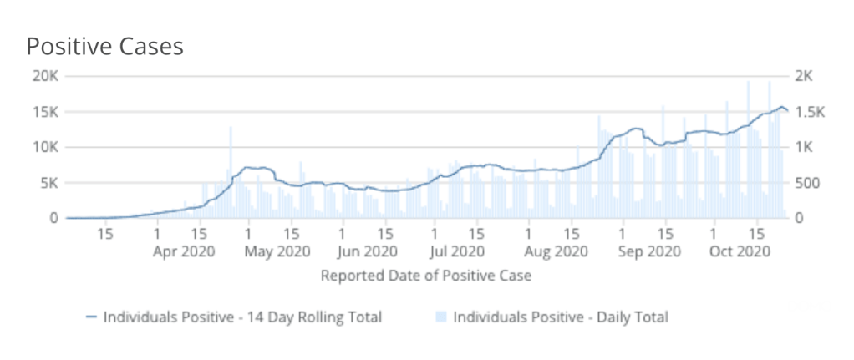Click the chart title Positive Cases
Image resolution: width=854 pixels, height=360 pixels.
click(x=104, y=46)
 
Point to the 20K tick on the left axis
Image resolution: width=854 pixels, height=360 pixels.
click(x=44, y=76)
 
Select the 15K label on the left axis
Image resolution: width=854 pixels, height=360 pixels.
click(x=44, y=112)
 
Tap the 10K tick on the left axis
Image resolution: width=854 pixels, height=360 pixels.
click(x=44, y=147)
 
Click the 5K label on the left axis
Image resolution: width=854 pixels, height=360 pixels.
click(x=48, y=183)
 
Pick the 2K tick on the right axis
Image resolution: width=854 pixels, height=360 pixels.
click(x=804, y=76)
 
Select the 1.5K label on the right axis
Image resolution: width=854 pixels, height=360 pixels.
click(x=810, y=112)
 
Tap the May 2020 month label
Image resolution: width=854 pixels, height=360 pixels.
click(x=278, y=250)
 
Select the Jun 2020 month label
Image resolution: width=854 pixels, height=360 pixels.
click(x=368, y=250)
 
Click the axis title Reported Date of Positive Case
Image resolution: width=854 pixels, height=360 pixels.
click(x=426, y=275)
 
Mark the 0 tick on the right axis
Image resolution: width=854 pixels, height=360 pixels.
click(x=798, y=218)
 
